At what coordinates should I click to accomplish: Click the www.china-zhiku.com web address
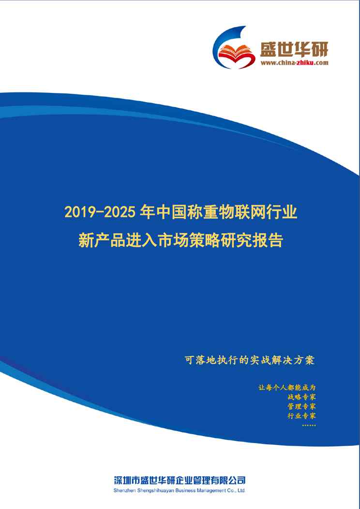pyautogui.click(x=294, y=63)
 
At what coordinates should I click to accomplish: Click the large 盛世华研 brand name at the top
pyautogui.click(x=294, y=49)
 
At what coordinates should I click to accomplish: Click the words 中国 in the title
pyautogui.click(x=164, y=212)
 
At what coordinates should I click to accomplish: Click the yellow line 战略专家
pyautogui.click(x=302, y=397)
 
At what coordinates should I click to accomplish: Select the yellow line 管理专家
pyautogui.click(x=302, y=406)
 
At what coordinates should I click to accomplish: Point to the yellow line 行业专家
pyautogui.click(x=302, y=416)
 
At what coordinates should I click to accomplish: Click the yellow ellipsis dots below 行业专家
pyautogui.click(x=309, y=425)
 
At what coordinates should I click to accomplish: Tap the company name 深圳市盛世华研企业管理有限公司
pyautogui.click(x=180, y=480)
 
